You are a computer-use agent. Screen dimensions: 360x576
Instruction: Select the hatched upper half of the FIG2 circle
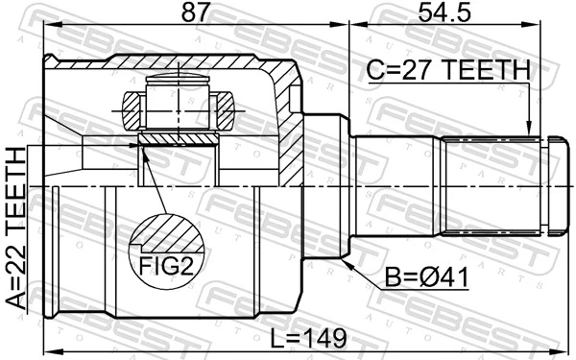(167, 234)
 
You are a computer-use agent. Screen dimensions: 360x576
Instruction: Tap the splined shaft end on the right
(494, 184)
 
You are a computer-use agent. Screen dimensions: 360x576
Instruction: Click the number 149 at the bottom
(317, 337)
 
